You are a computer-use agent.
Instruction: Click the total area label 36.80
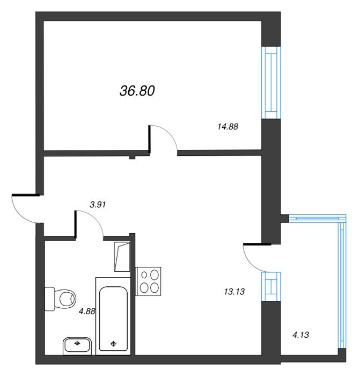[x=137, y=91]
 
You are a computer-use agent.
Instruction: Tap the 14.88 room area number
[x=228, y=127]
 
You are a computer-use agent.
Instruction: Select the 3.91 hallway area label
[x=98, y=205]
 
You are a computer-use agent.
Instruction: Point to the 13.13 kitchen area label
[x=234, y=292]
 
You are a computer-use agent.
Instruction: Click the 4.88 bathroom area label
[x=87, y=311]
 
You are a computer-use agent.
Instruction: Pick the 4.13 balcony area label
[x=301, y=335]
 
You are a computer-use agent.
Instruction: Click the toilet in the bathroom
[x=60, y=299]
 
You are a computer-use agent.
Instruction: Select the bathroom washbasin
[x=77, y=346]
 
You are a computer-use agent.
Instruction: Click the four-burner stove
[x=148, y=281]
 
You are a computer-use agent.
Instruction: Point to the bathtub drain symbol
[x=113, y=344]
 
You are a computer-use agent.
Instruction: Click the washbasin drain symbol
[x=77, y=343]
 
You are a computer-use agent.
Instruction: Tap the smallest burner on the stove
[x=144, y=275]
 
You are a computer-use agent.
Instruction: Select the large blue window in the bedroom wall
[x=271, y=83]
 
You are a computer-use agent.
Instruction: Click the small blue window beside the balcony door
[x=271, y=286]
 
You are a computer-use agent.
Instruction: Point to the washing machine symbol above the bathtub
[x=122, y=257]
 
